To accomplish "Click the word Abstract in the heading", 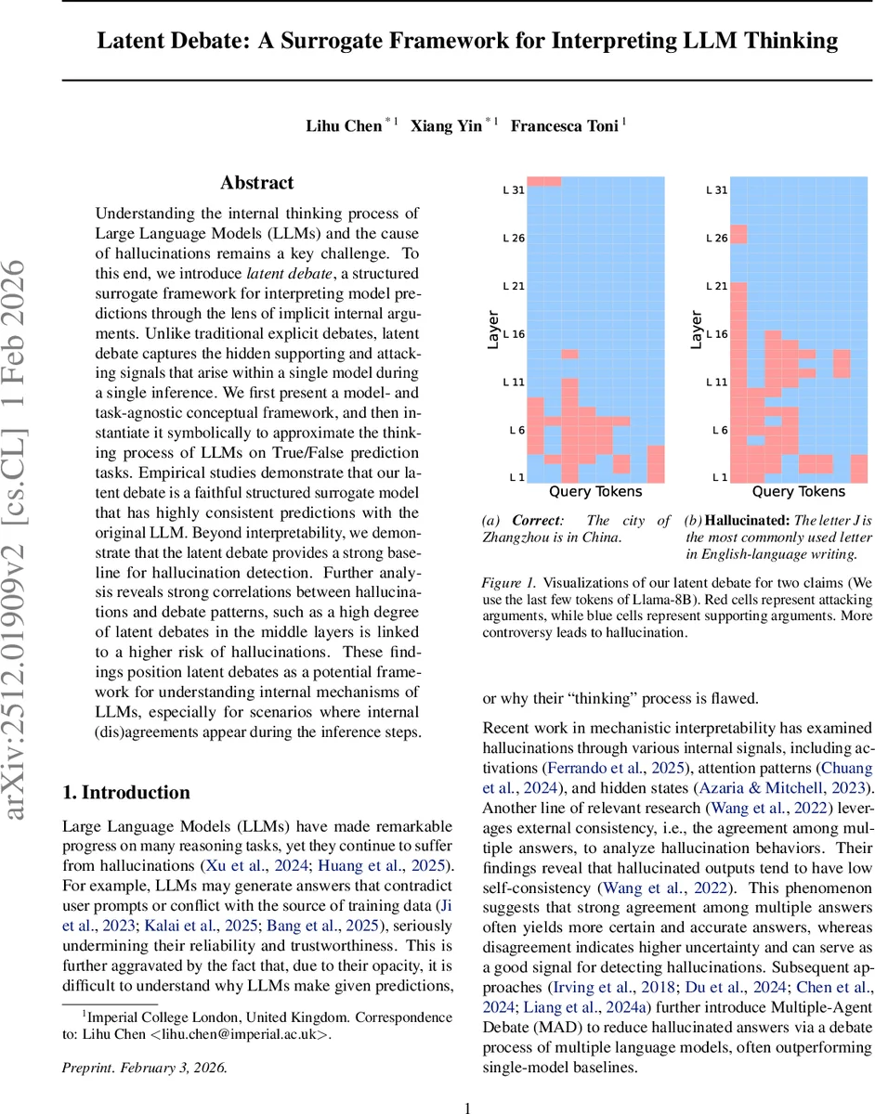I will pos(256,183).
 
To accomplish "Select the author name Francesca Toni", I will pos(564,126).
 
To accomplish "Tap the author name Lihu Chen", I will pos(344,126).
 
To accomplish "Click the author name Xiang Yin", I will pos(447,126).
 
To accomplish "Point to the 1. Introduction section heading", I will pos(125,792).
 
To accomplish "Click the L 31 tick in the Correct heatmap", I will pos(514,190).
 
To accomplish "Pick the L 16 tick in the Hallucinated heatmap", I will pos(716,334).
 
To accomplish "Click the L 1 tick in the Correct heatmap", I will pos(516,477).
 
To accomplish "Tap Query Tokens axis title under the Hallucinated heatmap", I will pos(798,492).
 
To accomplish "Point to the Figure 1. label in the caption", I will pos(509,584).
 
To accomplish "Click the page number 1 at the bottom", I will pos(468,1082).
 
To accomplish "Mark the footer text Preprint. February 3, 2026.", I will pos(143,1042).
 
